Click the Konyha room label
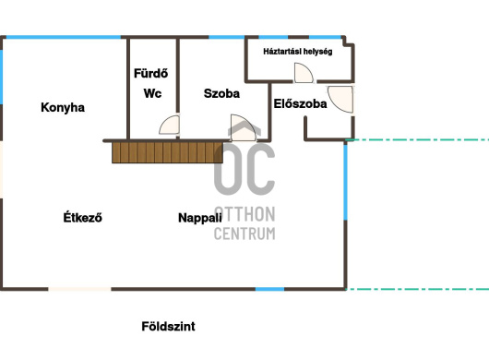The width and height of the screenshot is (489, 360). (63, 107)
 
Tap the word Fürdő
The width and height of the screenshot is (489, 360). (151, 73)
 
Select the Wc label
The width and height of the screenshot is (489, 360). (152, 93)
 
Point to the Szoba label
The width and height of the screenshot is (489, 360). (221, 93)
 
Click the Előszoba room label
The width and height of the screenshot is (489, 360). (301, 103)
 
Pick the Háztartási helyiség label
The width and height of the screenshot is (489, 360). (298, 52)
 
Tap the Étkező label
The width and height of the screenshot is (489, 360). (83, 217)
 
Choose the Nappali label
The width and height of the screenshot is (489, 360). (200, 218)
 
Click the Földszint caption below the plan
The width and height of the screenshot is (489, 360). (169, 327)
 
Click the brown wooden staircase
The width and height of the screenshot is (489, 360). (168, 152)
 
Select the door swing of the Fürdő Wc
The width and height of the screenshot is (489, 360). (170, 126)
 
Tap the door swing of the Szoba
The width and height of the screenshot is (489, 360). (244, 127)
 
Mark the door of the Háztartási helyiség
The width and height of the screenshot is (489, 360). (304, 73)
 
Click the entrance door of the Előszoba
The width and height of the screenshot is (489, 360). (340, 99)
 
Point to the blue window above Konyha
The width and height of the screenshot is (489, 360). (64, 37)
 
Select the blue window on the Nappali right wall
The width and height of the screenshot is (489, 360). (346, 182)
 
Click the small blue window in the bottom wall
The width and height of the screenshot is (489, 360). (269, 289)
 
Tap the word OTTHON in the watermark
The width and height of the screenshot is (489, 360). (244, 214)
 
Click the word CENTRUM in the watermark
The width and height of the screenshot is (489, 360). (244, 234)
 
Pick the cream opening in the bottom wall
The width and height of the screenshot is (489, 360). (79, 289)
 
